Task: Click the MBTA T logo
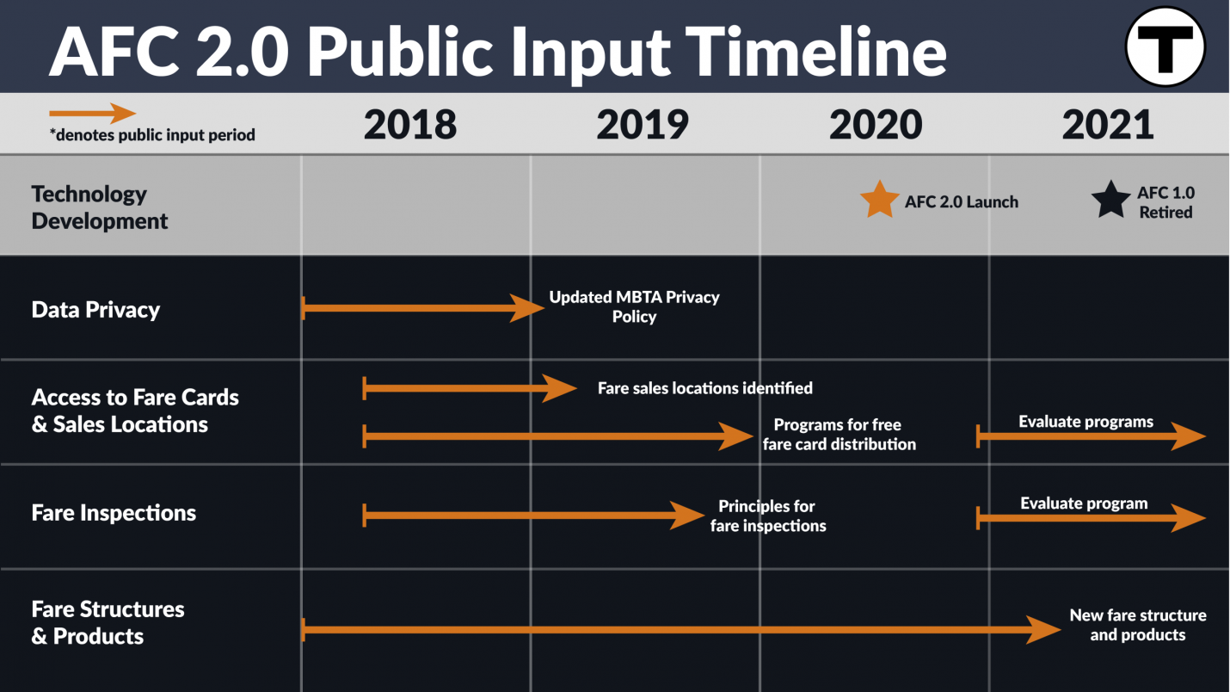point(1165,46)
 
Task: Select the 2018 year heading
point(410,124)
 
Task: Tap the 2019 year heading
point(643,124)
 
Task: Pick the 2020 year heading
point(876,124)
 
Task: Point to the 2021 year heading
point(1108,124)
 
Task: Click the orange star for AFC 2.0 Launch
point(879,200)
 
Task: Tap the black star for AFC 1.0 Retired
point(1110,200)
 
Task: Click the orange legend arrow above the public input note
point(93,114)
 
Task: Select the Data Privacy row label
point(95,310)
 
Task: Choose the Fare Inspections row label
point(114,513)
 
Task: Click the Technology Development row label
point(100,207)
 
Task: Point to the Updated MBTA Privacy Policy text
point(634,306)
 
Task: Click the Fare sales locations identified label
point(705,388)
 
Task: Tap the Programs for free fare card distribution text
point(839,434)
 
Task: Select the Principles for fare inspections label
point(767,516)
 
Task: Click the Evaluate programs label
point(1086,422)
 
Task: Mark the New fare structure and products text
point(1138,624)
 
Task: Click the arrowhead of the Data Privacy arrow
point(527,308)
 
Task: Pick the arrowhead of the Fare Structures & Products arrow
point(1043,629)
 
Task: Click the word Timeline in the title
point(815,53)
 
